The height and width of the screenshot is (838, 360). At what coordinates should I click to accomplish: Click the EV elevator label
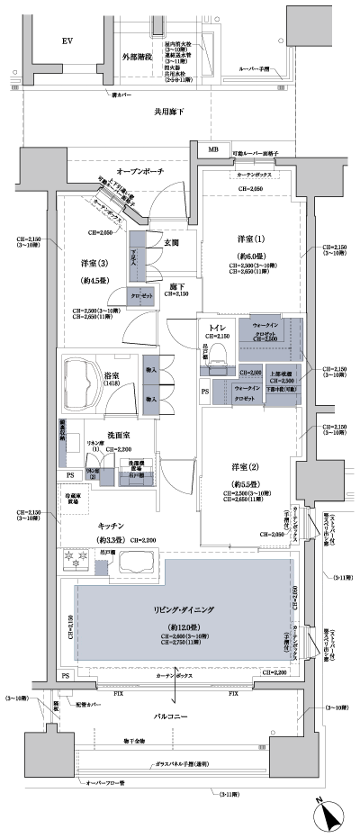click(67, 42)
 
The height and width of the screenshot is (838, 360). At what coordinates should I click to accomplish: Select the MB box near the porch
click(213, 149)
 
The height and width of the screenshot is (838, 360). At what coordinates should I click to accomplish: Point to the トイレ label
click(217, 326)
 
